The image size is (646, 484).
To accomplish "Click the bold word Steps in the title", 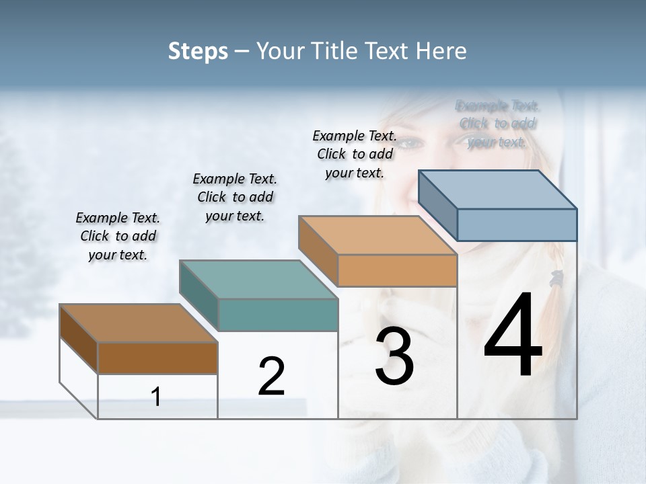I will pyautogui.click(x=198, y=51).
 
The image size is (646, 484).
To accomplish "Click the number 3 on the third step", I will pyautogui.click(x=394, y=356).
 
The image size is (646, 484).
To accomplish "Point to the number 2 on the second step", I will pyautogui.click(x=272, y=376).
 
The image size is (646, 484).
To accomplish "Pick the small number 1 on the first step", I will pyautogui.click(x=156, y=397).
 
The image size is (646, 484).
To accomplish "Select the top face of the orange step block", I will pyautogui.click(x=378, y=236).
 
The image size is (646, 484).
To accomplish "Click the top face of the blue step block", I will pyautogui.click(x=498, y=190).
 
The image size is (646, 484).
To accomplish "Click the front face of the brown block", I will pyautogui.click(x=157, y=358).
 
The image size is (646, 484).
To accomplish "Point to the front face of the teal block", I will pyautogui.click(x=278, y=315).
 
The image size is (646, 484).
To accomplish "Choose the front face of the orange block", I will pyautogui.click(x=397, y=270).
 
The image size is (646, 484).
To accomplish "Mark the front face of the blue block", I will pyautogui.click(x=517, y=225).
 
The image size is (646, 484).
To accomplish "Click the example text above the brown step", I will pyautogui.click(x=118, y=236).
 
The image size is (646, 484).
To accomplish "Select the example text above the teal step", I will pyautogui.click(x=235, y=197).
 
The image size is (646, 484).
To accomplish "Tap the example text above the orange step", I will pyautogui.click(x=355, y=154).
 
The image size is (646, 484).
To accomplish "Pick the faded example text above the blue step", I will pyautogui.click(x=497, y=124).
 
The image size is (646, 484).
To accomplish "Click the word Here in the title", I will pyautogui.click(x=441, y=51).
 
